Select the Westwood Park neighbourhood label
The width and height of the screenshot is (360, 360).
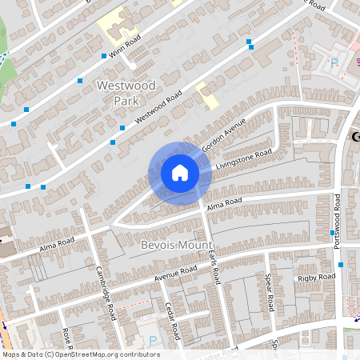coord(128,92)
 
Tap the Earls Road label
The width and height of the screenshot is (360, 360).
coord(211,265)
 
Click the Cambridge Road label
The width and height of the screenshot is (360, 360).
coord(107,293)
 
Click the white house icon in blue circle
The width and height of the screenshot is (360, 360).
coord(180,172)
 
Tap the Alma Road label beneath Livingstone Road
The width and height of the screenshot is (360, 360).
coord(224,206)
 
